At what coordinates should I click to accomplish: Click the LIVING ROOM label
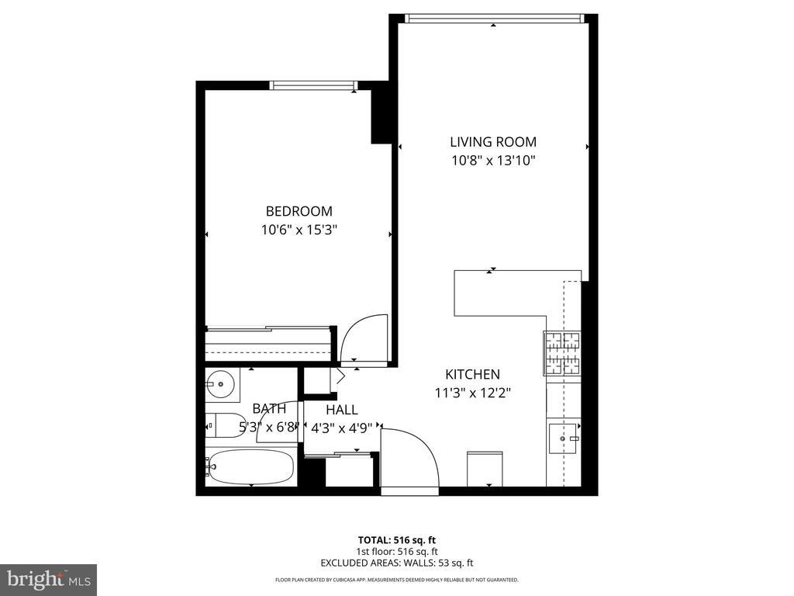point(493,142)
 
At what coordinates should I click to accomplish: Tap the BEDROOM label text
point(299,211)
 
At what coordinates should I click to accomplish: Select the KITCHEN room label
point(472,374)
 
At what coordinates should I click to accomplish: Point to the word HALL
point(341,410)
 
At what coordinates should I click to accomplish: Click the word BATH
point(269,409)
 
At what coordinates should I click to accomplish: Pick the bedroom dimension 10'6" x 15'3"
point(299,230)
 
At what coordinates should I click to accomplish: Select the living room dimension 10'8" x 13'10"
point(493,161)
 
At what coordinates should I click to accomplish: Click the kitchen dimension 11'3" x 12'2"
point(472,393)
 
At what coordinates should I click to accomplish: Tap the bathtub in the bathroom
point(251,466)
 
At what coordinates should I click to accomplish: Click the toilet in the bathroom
point(220,425)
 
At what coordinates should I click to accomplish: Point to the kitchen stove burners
point(562,353)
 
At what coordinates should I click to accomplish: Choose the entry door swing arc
point(411,458)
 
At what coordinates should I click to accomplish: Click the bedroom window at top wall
point(312,85)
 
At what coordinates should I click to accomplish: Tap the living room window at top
point(493,19)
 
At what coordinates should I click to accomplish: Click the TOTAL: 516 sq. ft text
point(396,539)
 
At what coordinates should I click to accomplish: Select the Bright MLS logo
point(48,579)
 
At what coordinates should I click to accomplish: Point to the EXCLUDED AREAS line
point(396,563)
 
